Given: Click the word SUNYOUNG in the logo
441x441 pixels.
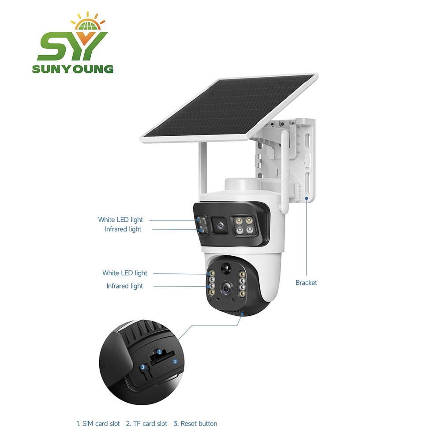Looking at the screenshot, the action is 73,69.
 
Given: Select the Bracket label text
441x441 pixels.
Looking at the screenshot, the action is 306,283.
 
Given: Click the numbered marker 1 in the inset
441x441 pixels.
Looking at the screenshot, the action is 160,352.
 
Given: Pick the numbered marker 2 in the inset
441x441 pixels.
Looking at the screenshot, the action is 175,362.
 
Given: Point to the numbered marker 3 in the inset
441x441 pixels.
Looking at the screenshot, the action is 143,367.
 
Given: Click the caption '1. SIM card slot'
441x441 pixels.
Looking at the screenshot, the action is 98,423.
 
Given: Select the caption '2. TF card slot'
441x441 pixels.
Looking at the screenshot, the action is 146,423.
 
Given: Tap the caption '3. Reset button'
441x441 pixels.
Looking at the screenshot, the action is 195,423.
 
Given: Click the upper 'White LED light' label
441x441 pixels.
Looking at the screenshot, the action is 120,220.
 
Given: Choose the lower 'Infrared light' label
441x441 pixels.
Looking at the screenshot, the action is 125,286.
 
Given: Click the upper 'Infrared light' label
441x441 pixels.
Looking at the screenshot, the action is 123,229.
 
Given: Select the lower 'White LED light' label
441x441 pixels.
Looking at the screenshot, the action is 125,273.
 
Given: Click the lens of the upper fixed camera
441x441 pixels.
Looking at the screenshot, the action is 220,225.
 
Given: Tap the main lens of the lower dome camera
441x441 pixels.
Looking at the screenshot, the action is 226,288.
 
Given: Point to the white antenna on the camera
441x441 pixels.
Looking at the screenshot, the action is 284,172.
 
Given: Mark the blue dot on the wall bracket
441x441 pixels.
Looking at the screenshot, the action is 306,198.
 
